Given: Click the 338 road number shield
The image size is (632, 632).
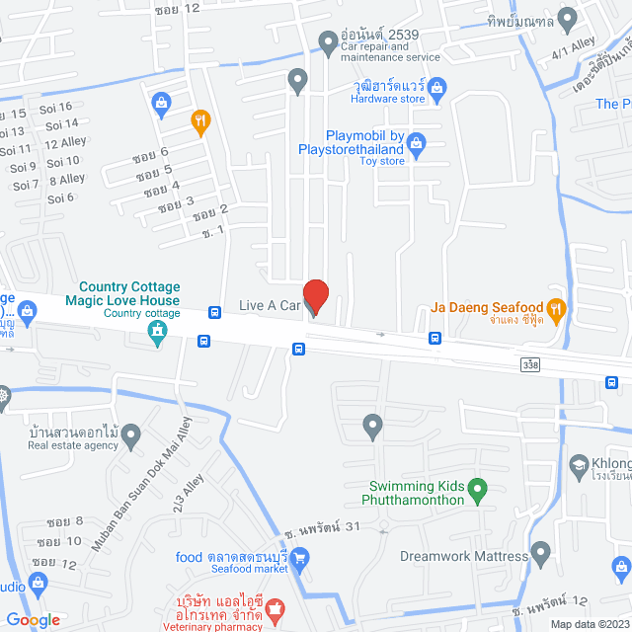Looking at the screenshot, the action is [x=531, y=365].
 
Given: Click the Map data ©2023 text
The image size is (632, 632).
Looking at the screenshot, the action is [x=589, y=623].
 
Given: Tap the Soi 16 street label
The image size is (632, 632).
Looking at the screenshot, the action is [x=55, y=107].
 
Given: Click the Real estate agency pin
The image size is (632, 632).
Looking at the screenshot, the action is [x=131, y=434].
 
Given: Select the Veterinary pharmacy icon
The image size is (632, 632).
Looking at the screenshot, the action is [x=276, y=604].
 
